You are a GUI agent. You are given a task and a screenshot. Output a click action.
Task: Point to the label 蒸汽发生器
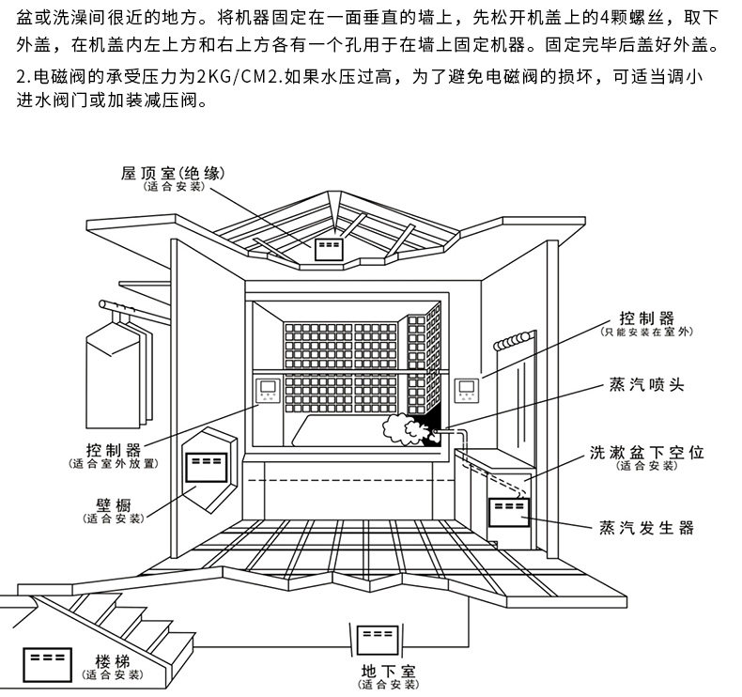pos(646,528)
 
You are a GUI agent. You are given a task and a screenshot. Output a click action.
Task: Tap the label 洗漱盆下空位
pos(646,452)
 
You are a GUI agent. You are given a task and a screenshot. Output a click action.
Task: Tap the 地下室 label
pos(387,671)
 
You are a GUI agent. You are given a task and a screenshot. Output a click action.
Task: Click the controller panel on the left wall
pos(269,393)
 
